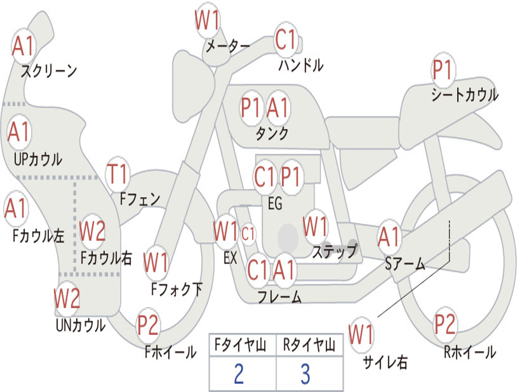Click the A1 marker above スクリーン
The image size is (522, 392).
(x=23, y=45)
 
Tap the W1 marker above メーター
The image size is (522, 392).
(x=207, y=20)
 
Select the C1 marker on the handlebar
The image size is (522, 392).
(x=285, y=39)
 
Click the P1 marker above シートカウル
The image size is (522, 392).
(x=443, y=70)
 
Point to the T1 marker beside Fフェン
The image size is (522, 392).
(x=117, y=174)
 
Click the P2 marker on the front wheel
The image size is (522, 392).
(x=148, y=325)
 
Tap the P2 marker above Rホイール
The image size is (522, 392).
(x=445, y=324)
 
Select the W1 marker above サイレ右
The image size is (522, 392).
(x=361, y=334)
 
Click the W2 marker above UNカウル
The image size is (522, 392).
(x=67, y=298)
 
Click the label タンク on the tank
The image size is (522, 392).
(x=272, y=133)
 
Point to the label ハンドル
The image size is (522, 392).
(x=301, y=65)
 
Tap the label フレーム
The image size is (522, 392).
(x=280, y=297)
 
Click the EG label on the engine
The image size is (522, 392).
(x=275, y=203)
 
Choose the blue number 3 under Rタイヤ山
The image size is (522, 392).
(x=306, y=374)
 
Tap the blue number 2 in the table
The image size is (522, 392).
(x=239, y=374)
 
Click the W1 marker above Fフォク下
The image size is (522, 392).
(x=155, y=263)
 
